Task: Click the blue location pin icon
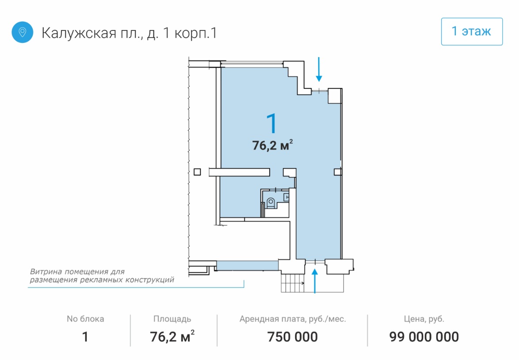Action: pyautogui.click(x=23, y=32)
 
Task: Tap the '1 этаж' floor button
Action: pyautogui.click(x=472, y=31)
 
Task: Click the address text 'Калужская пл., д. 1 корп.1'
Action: pyautogui.click(x=129, y=33)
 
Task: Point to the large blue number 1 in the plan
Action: pyautogui.click(x=272, y=123)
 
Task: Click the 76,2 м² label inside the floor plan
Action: pyautogui.click(x=272, y=145)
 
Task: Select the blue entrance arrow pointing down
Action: pyautogui.click(x=319, y=69)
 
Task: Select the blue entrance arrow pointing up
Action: pyautogui.click(x=315, y=281)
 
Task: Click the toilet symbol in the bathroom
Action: pyautogui.click(x=271, y=203)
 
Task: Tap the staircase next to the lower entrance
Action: pyautogui.click(x=293, y=283)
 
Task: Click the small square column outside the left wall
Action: pyautogui.click(x=197, y=172)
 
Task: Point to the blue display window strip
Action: pyautogui.click(x=247, y=266)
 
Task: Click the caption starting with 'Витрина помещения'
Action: pyautogui.click(x=102, y=276)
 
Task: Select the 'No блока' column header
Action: pyautogui.click(x=85, y=318)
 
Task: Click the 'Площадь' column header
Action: pyautogui.click(x=172, y=319)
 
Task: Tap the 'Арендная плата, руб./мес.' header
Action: pyautogui.click(x=293, y=319)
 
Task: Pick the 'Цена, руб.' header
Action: pyautogui.click(x=424, y=319)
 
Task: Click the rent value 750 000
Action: pyautogui.click(x=293, y=337)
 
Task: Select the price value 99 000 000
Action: pyautogui.click(x=424, y=337)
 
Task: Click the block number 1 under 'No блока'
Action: pyautogui.click(x=85, y=337)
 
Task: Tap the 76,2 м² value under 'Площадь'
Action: pyautogui.click(x=172, y=337)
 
